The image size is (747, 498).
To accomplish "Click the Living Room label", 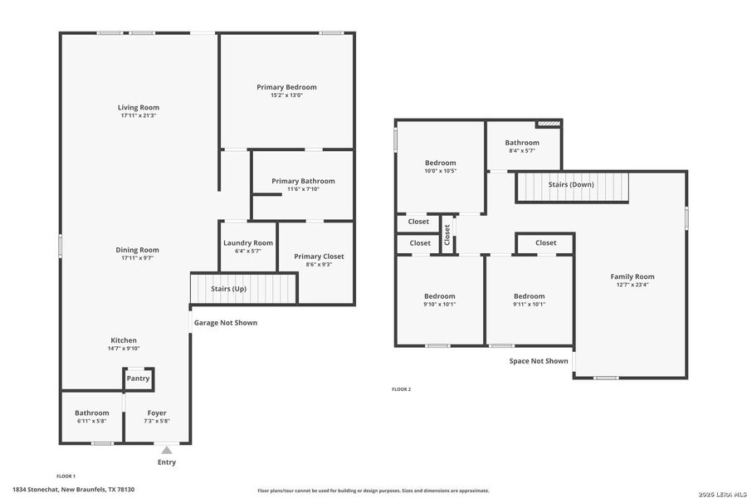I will (x=138, y=107).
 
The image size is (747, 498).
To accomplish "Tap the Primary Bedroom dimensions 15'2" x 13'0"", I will (x=286, y=95).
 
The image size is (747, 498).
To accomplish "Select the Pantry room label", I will (x=138, y=378).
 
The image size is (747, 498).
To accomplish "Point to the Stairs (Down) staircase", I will (x=571, y=185).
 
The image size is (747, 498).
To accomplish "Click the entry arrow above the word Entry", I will (x=167, y=450).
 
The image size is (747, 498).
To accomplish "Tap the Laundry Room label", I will (x=247, y=242).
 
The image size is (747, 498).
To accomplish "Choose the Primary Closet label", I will (x=319, y=256).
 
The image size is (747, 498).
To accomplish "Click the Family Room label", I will (x=632, y=276).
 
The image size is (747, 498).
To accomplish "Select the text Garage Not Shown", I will (x=226, y=323).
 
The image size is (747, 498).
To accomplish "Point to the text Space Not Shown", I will (x=539, y=361).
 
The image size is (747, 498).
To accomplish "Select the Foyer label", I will (x=157, y=413).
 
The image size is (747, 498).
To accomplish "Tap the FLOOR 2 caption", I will (x=401, y=389).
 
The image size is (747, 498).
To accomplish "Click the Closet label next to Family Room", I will (x=545, y=242).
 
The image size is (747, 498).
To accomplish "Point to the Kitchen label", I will (x=124, y=340).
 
